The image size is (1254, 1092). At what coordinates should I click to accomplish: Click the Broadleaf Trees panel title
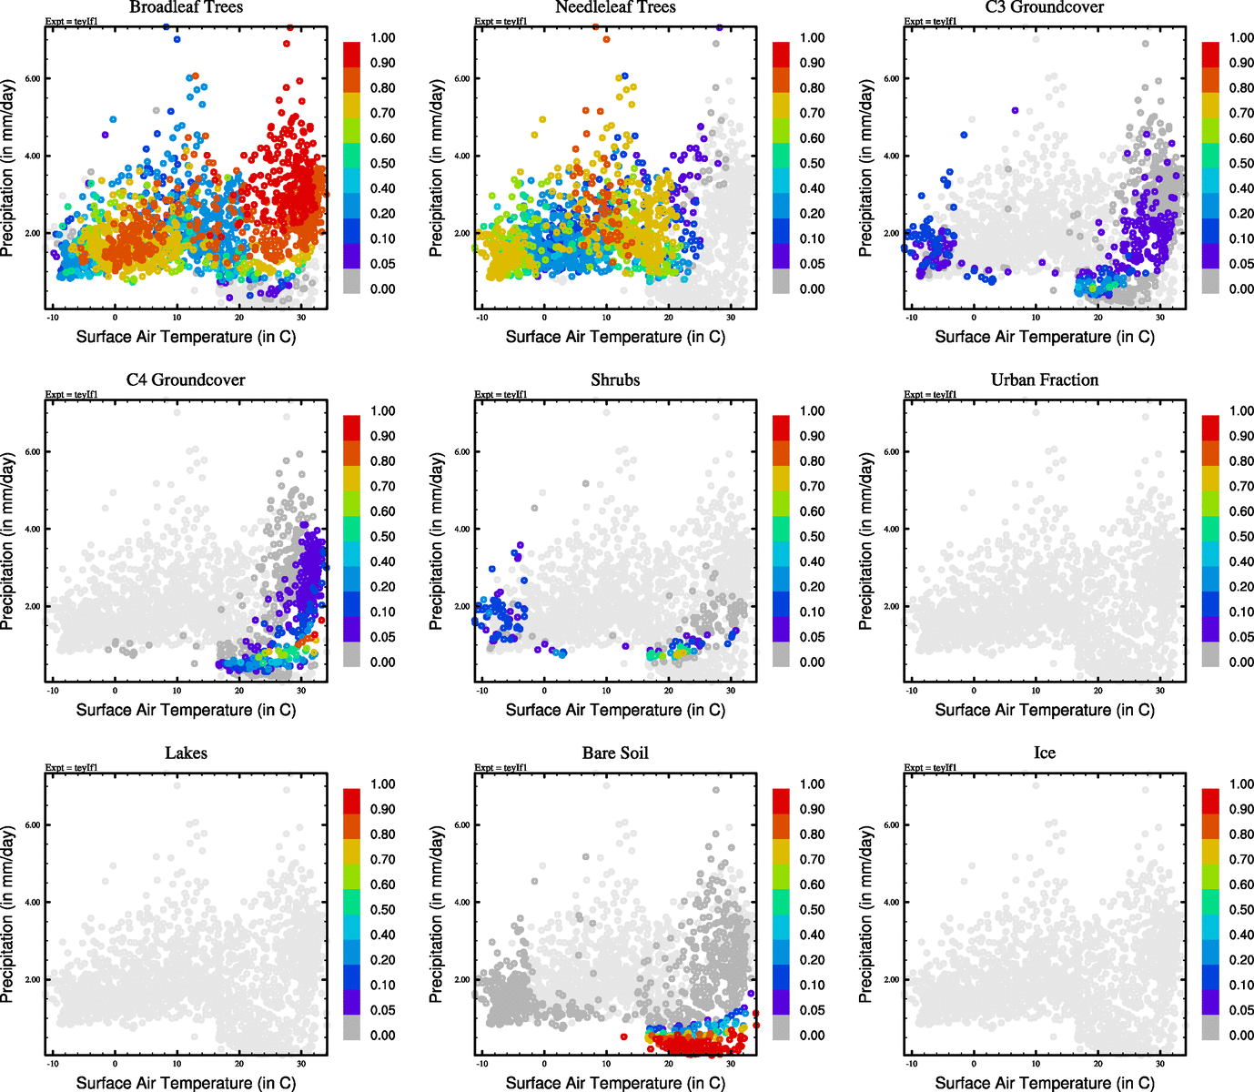pyautogui.click(x=186, y=7)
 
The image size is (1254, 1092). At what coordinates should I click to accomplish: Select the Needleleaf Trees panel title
pyautogui.click(x=615, y=7)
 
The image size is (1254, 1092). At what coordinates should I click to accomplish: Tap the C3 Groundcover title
pyautogui.click(x=1044, y=7)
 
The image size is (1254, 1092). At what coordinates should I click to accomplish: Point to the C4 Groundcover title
pyautogui.click(x=186, y=380)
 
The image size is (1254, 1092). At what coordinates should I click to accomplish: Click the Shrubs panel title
pyautogui.click(x=615, y=380)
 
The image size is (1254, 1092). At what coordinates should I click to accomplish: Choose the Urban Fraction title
pyautogui.click(x=1044, y=380)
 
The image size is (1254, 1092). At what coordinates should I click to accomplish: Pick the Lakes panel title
pyautogui.click(x=186, y=753)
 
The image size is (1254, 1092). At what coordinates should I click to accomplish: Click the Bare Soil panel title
pyautogui.click(x=615, y=753)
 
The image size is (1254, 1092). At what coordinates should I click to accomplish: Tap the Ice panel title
pyautogui.click(x=1044, y=753)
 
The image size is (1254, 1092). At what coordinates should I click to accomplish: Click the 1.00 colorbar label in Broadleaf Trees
pyautogui.click(x=382, y=38)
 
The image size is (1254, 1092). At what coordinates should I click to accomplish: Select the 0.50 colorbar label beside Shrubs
pyautogui.click(x=812, y=537)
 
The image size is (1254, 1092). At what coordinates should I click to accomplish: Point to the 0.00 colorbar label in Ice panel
pyautogui.click(x=1241, y=1036)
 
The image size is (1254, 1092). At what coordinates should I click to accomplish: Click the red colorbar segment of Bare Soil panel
pyautogui.click(x=781, y=802)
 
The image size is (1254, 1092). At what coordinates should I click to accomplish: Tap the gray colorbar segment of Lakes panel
pyautogui.click(x=351, y=1028)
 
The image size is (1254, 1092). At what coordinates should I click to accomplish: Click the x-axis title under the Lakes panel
pyautogui.click(x=186, y=1083)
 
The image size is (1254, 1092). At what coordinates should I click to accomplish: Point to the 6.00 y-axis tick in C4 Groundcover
pyautogui.click(x=32, y=452)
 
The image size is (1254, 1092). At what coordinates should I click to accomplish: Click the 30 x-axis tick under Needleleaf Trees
pyautogui.click(x=731, y=318)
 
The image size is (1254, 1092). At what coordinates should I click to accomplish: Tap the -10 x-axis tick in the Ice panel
pyautogui.click(x=911, y=1064)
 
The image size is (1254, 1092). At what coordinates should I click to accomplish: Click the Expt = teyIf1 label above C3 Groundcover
pyautogui.click(x=930, y=22)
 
